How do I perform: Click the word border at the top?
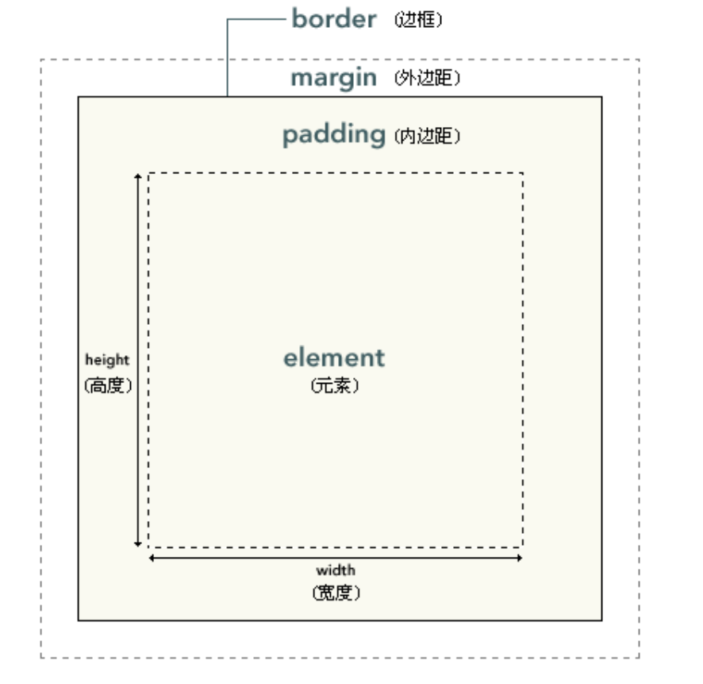point(333,19)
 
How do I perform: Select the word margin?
point(333,79)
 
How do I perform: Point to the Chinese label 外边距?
point(427,79)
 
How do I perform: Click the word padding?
point(333,135)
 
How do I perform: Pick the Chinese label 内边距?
point(427,137)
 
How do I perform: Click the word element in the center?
point(333,358)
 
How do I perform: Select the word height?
point(107,360)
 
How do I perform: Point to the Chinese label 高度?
point(107,387)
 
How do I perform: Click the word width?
point(336,570)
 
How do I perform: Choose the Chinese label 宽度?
point(336,593)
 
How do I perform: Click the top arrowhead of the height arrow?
point(138,176)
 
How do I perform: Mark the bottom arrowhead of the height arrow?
point(138,543)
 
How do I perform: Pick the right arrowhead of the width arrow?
point(519,558)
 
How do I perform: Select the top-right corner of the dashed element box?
point(523,172)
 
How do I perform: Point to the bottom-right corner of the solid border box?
point(601,620)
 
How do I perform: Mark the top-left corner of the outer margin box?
point(41,60)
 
